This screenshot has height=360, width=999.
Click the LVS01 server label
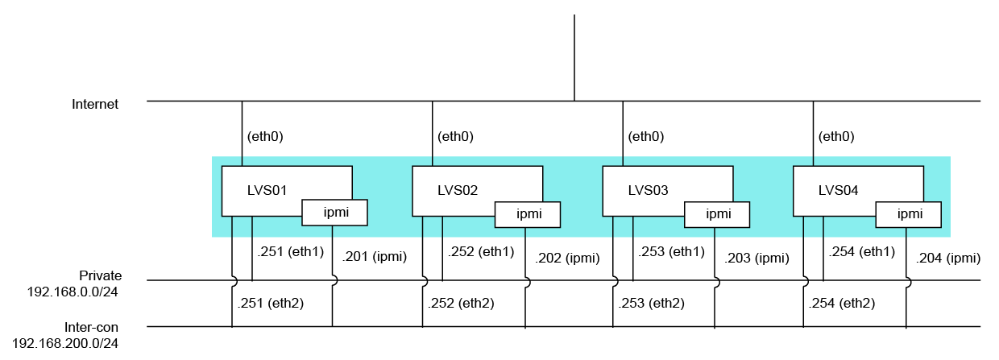pos(267,191)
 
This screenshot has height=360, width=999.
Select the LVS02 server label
pos(458,191)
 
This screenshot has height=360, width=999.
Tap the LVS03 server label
pos(648,191)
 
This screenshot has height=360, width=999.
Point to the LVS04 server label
pos(839,191)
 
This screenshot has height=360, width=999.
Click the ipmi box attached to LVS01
pos(335,213)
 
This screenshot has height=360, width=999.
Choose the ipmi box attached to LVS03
pos(717,214)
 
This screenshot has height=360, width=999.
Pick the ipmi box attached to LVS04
pos(909,214)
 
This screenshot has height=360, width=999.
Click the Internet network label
pos(95,105)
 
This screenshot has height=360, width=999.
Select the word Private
pos(101,275)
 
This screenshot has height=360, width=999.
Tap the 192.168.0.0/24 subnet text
pos(73,292)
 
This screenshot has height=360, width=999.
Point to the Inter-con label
pos(91,328)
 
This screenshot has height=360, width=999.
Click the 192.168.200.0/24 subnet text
pos(65,344)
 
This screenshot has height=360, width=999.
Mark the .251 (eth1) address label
pos(290,252)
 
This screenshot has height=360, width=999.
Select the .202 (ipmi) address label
pos(567,259)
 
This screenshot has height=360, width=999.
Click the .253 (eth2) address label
pos(651,304)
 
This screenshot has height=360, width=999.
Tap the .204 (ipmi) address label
pos(948,259)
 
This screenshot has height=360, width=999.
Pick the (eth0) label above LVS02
pos(455,136)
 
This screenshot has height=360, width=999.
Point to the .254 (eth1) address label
pos(862,252)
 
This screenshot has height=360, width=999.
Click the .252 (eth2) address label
pos(461,304)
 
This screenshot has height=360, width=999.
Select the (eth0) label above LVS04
pos(836,136)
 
